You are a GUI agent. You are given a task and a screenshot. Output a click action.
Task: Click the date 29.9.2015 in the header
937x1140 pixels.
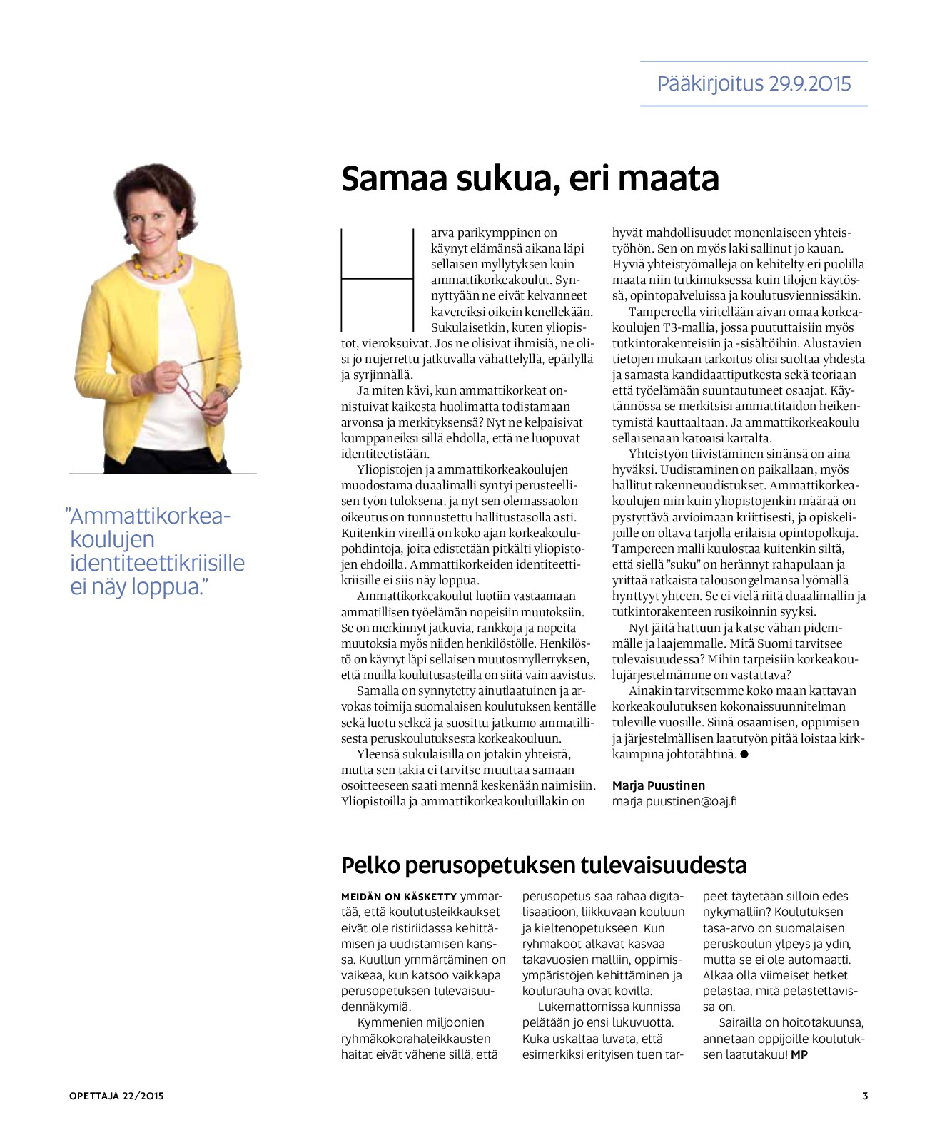coord(810,84)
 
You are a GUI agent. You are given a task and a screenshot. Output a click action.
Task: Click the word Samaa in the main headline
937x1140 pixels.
coord(389,178)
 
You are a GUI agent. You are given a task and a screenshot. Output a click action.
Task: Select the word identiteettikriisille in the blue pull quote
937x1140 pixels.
coord(157,563)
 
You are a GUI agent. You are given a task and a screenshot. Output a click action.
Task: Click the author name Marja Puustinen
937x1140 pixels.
coord(658,785)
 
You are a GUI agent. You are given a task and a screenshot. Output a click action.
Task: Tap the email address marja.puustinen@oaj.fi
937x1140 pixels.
coord(674,801)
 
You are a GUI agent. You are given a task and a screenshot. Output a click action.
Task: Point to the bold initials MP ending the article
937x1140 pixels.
coord(799,1054)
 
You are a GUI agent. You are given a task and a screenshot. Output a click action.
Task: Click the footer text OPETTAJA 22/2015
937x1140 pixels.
coord(116,1096)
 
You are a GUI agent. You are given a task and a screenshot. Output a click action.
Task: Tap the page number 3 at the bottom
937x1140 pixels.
coord(865,1096)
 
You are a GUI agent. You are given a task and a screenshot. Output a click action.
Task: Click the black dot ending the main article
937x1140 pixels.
coord(744,754)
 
